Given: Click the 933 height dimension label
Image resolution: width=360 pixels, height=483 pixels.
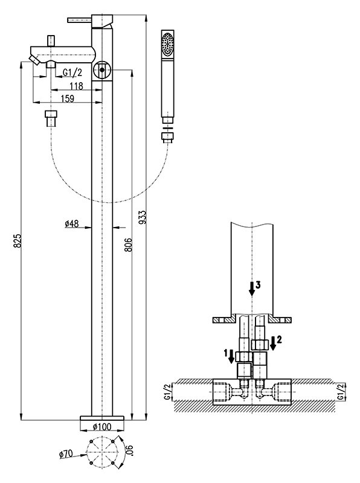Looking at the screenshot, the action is [143, 217].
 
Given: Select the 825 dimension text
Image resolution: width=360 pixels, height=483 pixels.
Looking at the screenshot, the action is [18, 241].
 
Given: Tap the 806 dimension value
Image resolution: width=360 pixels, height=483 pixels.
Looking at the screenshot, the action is [129, 245].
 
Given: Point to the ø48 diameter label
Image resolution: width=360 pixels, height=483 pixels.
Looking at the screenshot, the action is [72, 224].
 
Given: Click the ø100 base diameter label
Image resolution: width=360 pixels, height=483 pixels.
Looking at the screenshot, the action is [102, 427].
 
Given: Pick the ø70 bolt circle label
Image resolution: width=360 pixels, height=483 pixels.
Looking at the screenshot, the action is [66, 454].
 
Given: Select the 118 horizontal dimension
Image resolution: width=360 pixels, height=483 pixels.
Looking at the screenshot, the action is [76, 86].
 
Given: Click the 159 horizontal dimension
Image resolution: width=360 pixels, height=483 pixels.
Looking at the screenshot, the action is [68, 98].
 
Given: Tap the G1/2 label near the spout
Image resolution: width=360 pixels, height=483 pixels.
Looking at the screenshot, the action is [72, 72].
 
